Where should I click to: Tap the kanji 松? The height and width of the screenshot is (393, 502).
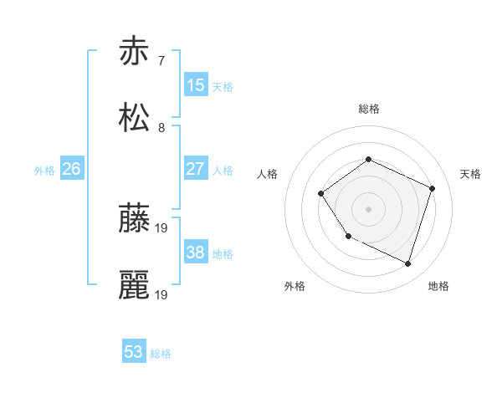134,118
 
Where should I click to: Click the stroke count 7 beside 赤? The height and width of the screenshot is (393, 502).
161,60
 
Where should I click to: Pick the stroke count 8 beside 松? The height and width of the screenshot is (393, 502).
161,128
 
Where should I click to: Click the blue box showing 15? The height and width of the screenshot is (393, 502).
195,84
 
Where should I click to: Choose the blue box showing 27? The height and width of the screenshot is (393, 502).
195,169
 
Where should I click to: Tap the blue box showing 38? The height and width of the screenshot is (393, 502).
195,253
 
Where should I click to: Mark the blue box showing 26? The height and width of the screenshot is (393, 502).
71,169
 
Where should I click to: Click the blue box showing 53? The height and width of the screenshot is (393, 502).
134,352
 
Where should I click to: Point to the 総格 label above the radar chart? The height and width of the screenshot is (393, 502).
368,109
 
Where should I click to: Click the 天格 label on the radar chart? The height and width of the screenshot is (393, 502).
470,174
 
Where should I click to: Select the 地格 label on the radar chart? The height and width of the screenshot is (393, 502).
438,287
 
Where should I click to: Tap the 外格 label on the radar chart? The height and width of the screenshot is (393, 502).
295,287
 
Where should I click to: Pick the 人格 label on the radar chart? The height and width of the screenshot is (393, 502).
268,174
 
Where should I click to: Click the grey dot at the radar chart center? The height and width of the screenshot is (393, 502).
368,208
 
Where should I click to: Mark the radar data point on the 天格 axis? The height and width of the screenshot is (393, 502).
433,188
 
